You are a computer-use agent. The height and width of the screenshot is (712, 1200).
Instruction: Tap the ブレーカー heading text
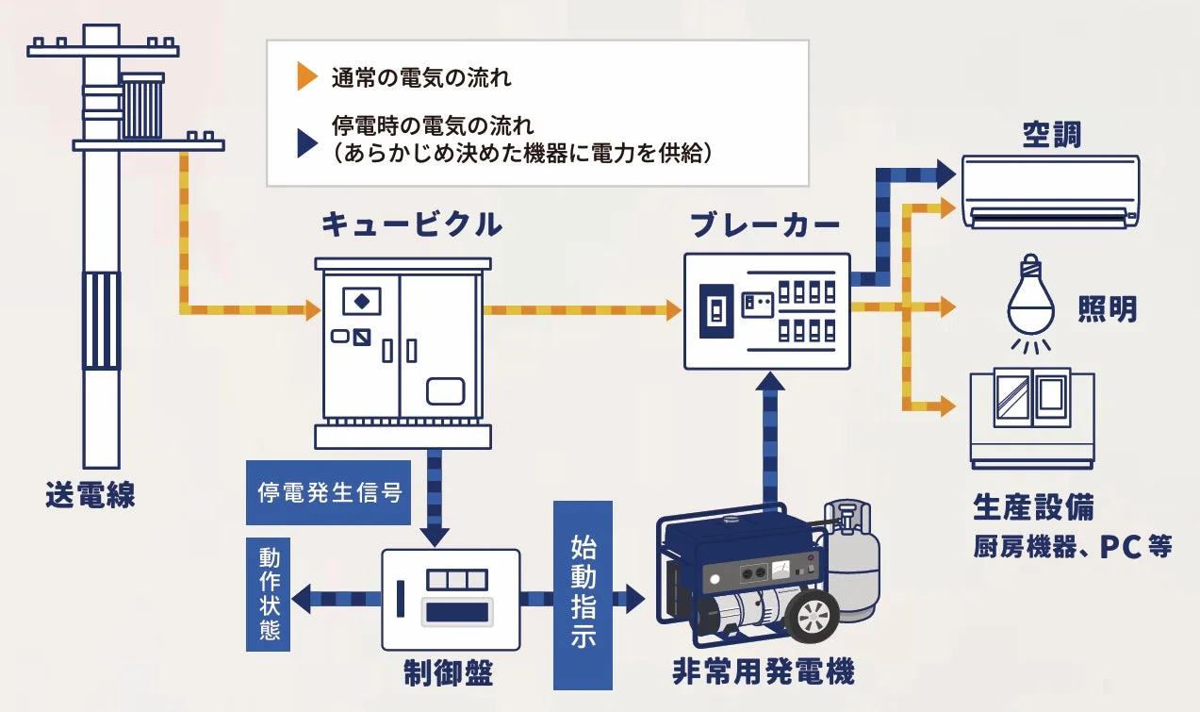point(764,225)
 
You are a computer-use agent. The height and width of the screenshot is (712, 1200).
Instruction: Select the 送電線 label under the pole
point(90,495)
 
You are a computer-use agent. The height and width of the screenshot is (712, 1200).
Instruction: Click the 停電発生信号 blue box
point(329,492)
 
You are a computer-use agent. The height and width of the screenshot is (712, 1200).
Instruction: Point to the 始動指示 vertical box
point(583,593)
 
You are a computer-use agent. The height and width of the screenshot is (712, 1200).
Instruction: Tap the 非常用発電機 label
point(763,673)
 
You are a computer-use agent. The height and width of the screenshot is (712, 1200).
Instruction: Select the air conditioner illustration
point(1050,191)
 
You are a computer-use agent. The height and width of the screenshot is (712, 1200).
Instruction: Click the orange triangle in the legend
point(306,77)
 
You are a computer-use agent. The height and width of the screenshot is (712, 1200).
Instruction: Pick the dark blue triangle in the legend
point(306,142)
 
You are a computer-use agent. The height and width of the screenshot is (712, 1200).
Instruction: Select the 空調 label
point(1051,137)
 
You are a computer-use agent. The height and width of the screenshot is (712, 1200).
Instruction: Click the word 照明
point(1107,308)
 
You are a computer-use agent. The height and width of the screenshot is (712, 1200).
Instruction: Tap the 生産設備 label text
point(1033,506)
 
